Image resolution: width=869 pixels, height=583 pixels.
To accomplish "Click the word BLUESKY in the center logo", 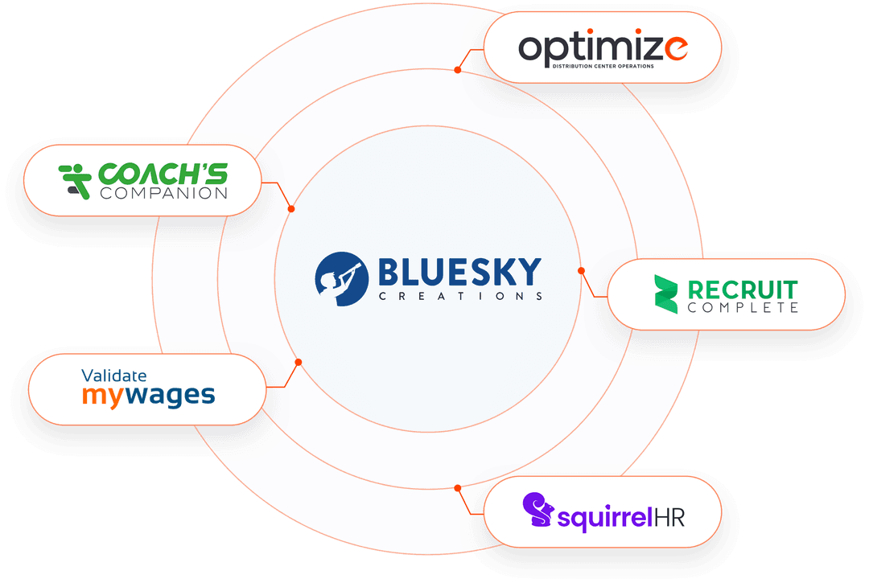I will point(459,272).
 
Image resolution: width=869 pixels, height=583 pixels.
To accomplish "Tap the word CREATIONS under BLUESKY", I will point(459,296).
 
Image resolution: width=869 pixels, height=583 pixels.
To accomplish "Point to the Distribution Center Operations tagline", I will point(602,66).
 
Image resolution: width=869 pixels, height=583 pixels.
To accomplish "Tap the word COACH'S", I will point(163,173).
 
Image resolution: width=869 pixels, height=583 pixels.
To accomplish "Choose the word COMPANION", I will point(163,193).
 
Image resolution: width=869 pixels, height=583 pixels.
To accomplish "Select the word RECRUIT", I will point(743,288).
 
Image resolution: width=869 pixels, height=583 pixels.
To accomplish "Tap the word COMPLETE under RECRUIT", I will point(743,307).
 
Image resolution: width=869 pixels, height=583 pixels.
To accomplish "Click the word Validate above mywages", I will point(114,375).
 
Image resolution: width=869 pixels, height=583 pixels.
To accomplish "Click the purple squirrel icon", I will point(537,511).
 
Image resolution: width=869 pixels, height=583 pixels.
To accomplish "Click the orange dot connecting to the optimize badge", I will point(457,70).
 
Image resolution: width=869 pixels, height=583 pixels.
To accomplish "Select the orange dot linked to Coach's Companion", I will point(291,209).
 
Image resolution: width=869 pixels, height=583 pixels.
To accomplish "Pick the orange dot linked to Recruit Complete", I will point(581,270).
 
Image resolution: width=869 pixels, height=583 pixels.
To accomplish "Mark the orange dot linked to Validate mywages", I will point(298,363).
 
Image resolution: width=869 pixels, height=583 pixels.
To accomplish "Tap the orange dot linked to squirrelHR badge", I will point(457,487).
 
